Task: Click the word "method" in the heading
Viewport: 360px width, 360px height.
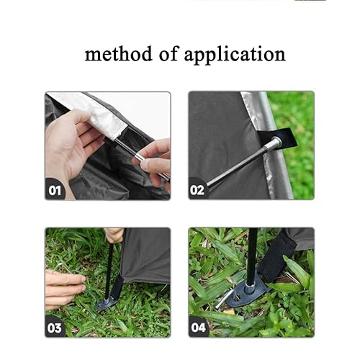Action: [x=119, y=54]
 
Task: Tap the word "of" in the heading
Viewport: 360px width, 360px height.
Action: [x=169, y=53]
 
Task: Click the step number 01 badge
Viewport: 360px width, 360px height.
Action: [x=55, y=189]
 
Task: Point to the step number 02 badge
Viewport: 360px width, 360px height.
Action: [x=197, y=189]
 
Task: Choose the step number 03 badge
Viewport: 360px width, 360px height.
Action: [x=55, y=327]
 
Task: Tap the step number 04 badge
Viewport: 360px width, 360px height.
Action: [x=198, y=327]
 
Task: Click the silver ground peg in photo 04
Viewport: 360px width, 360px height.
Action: [x=225, y=299]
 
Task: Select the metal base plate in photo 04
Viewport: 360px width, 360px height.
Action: [x=247, y=290]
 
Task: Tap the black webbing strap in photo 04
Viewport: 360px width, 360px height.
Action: [x=279, y=257]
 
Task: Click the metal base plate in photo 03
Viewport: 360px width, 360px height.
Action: [x=106, y=304]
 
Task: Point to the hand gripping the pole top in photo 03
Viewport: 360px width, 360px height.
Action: [x=114, y=235]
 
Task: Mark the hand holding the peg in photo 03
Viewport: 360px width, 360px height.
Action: [x=64, y=288]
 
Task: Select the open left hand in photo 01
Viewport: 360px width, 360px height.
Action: [x=72, y=142]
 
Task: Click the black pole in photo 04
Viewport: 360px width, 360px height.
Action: [x=252, y=257]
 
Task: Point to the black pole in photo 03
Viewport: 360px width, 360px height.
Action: [x=109, y=271]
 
